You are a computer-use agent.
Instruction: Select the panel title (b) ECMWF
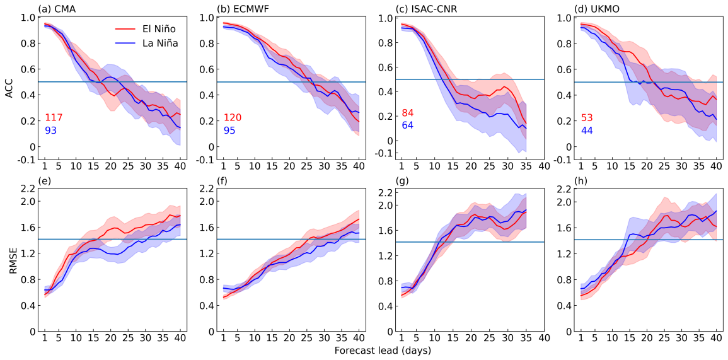point(243,8)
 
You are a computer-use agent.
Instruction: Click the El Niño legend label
point(158,29)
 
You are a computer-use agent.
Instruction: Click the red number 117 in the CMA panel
point(54,118)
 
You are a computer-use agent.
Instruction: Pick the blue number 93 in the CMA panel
point(51,131)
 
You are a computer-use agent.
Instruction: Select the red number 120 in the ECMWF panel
point(233,118)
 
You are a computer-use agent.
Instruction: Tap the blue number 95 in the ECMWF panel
point(230,131)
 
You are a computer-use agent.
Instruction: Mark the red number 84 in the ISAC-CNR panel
point(408,113)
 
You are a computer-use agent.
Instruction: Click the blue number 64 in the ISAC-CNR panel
point(408,125)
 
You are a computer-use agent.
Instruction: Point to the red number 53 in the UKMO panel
point(587,118)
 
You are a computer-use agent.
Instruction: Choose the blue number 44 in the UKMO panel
point(587,131)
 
